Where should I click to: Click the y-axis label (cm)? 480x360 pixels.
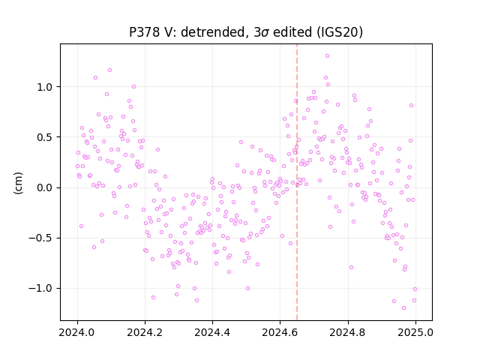pos(18,183)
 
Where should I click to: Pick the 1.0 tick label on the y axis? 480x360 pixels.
pos(45,87)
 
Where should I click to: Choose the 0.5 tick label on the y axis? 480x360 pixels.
pos(45,137)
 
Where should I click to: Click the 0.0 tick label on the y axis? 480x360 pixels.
pos(45,187)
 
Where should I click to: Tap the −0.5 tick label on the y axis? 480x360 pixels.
pos(40,238)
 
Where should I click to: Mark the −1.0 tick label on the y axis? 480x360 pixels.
pos(40,288)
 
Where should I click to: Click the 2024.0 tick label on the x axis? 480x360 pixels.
pos(77,332)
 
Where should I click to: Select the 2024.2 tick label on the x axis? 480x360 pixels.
pos(145,332)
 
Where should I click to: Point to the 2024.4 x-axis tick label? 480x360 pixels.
pos(212,332)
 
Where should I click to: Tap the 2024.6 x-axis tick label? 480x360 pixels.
pos(280,332)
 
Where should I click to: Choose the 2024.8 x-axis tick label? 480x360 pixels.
pos(348,332)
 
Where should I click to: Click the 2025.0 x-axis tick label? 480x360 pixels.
pos(415,332)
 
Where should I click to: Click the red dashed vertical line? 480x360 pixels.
pos(297,182)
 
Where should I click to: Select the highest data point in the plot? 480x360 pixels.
pos(327,56)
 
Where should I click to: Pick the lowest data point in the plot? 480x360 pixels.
pos(403,308)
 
